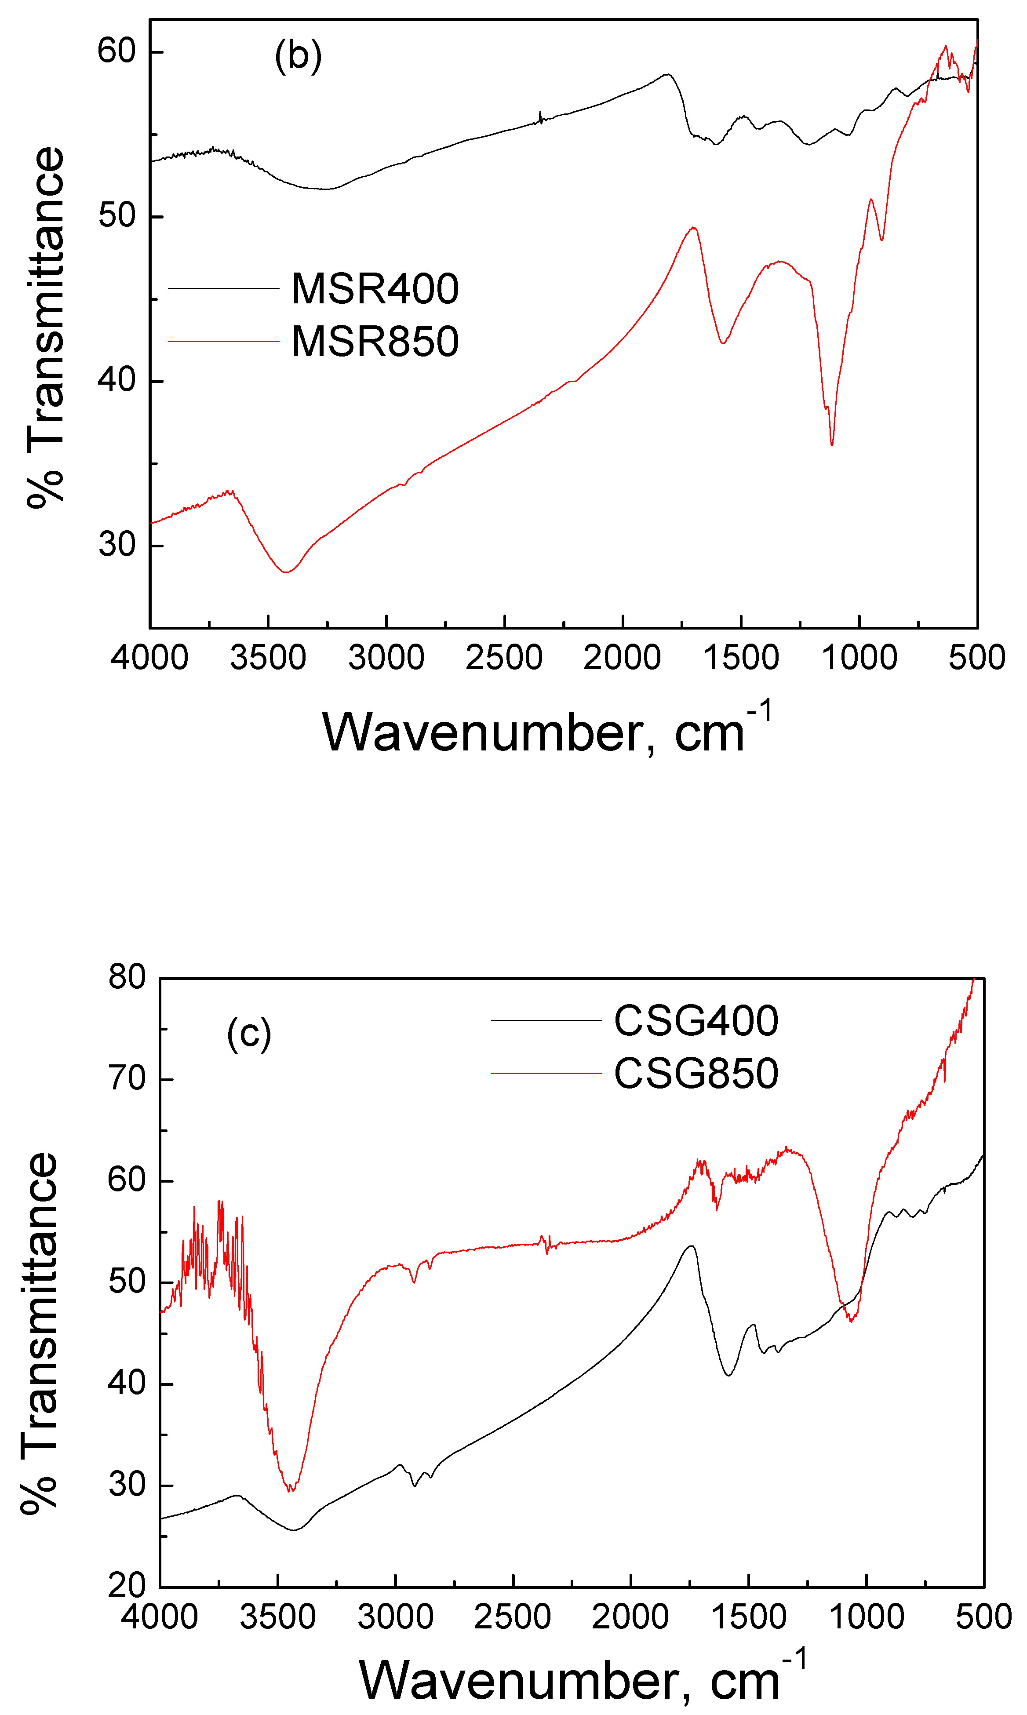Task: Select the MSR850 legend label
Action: pyautogui.click(x=375, y=341)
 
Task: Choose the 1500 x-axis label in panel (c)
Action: pyautogui.click(x=748, y=1617)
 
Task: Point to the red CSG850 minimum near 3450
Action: pyautogui.click(x=291, y=1490)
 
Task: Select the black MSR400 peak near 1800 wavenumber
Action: pyautogui.click(x=667, y=74)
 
